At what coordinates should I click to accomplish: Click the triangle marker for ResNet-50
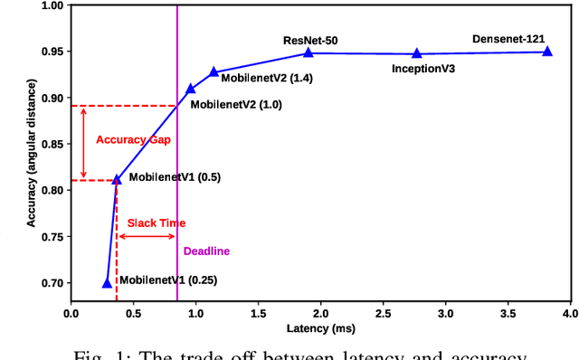[x=308, y=52]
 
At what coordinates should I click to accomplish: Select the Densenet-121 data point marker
[x=547, y=52]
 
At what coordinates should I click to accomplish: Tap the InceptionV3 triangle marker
[x=417, y=53]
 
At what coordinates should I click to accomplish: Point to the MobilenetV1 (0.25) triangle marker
[x=107, y=283]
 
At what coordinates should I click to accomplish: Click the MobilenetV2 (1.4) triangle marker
[x=214, y=71]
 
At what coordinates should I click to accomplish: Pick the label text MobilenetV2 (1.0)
[x=236, y=104]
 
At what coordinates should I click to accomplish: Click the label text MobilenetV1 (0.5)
[x=173, y=177]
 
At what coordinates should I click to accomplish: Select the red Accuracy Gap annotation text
[x=133, y=140]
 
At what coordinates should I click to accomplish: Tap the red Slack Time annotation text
[x=156, y=222]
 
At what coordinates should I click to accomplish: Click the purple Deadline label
[x=206, y=251]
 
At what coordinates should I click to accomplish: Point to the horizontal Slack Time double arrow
[x=147, y=236]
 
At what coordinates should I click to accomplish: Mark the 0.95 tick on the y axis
[x=52, y=52]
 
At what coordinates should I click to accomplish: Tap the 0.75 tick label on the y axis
[x=52, y=237]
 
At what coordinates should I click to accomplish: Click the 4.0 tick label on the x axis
[x=569, y=313]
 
